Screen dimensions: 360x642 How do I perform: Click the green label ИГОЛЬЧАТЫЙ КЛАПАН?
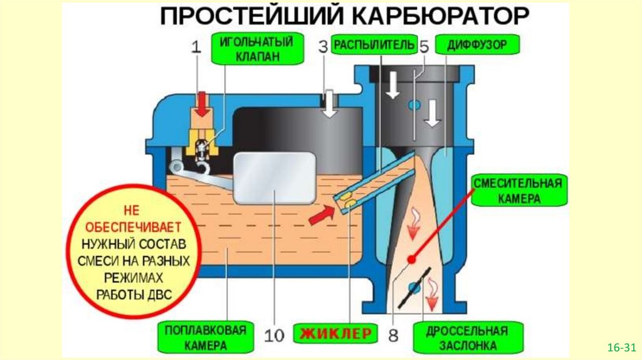coord(255,50)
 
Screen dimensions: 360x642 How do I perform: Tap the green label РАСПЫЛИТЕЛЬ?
coord(374,45)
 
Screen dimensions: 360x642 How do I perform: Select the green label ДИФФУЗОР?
coord(476,45)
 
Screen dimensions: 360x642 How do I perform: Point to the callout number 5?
coord(424,46)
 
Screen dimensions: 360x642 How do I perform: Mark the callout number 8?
coord(393,334)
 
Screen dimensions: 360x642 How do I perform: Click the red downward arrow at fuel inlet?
coord(202,104)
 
